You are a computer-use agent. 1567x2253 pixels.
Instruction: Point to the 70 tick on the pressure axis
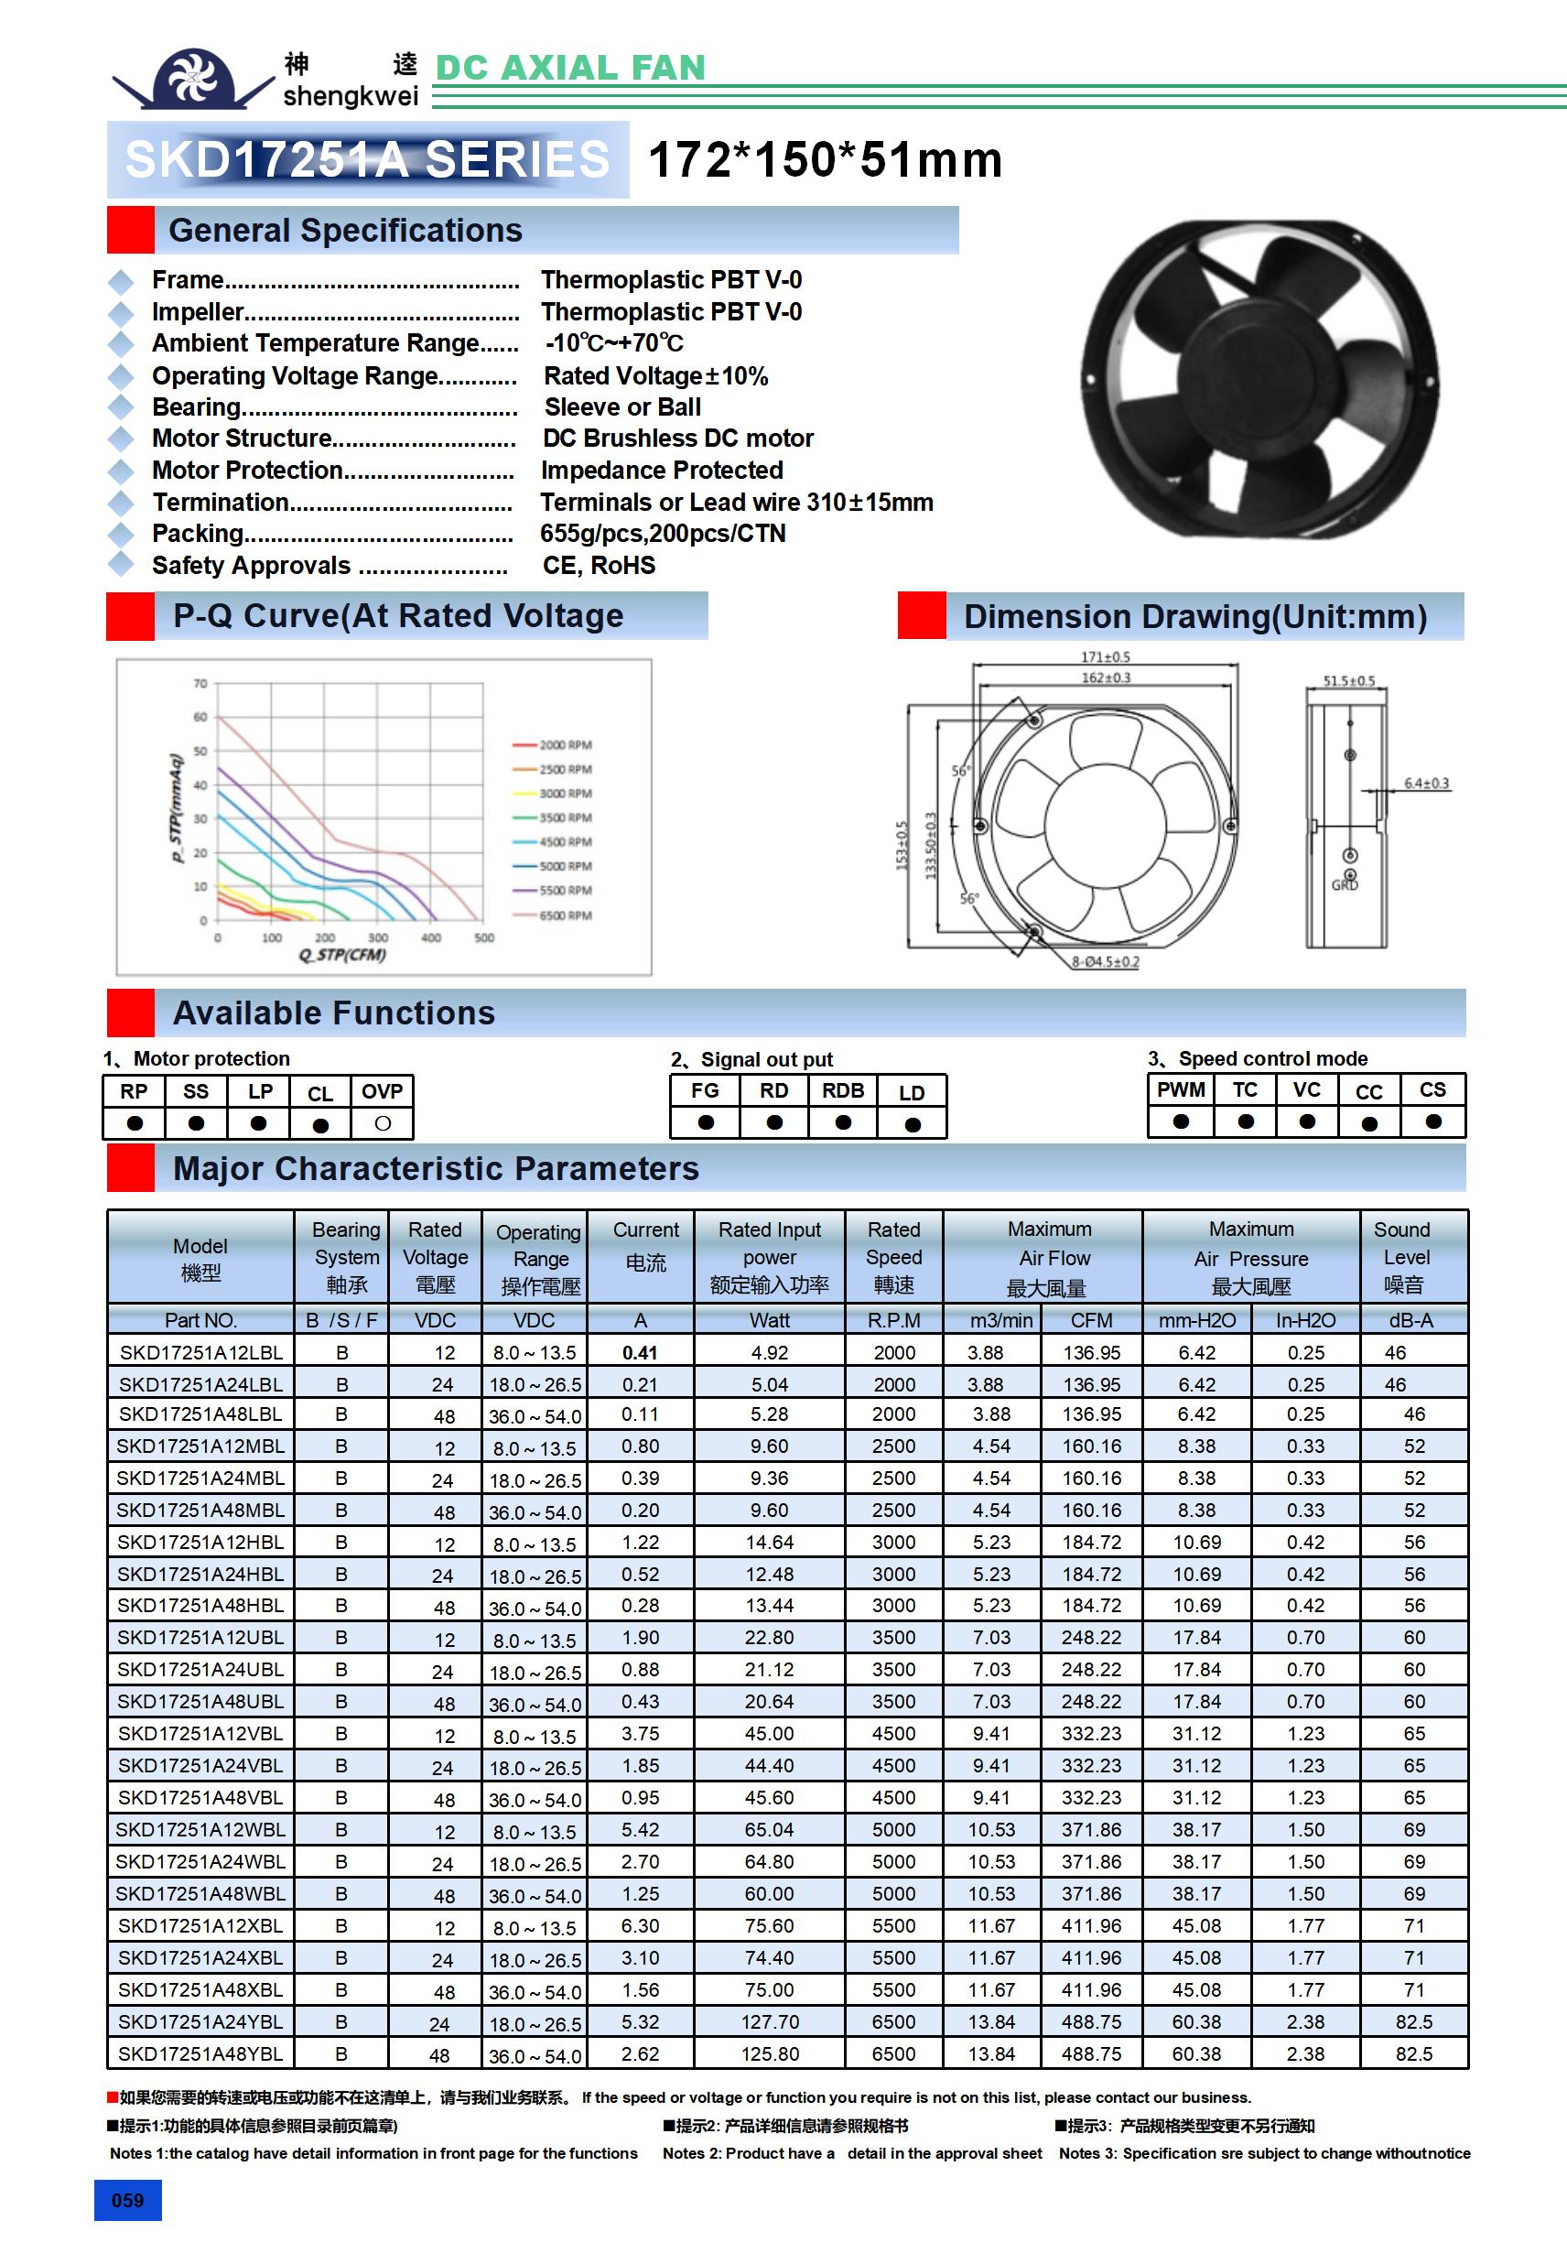(200, 683)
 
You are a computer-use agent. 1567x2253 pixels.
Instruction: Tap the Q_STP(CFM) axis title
(342, 955)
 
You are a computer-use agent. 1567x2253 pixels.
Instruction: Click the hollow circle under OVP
(383, 1123)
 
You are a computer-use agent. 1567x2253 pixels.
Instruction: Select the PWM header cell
(1181, 1090)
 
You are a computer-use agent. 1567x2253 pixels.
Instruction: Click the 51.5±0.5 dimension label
(1349, 681)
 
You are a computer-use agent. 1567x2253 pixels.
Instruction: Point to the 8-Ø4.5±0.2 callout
(1106, 961)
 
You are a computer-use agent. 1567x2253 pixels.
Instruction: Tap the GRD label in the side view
(1345, 885)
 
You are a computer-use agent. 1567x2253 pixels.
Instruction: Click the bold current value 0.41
(640, 1352)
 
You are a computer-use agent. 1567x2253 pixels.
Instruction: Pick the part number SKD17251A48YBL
(200, 2053)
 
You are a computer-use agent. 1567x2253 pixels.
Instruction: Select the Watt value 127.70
(769, 2021)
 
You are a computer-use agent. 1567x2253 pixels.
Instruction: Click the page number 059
(127, 2200)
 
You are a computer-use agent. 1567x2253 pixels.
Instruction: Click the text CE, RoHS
(599, 565)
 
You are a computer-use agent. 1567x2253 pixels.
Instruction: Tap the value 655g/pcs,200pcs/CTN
(664, 534)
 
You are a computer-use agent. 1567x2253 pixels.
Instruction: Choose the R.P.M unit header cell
(893, 1320)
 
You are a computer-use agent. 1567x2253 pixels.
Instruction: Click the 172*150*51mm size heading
(826, 160)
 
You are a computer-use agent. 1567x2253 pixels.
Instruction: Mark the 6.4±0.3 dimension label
(1426, 783)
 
